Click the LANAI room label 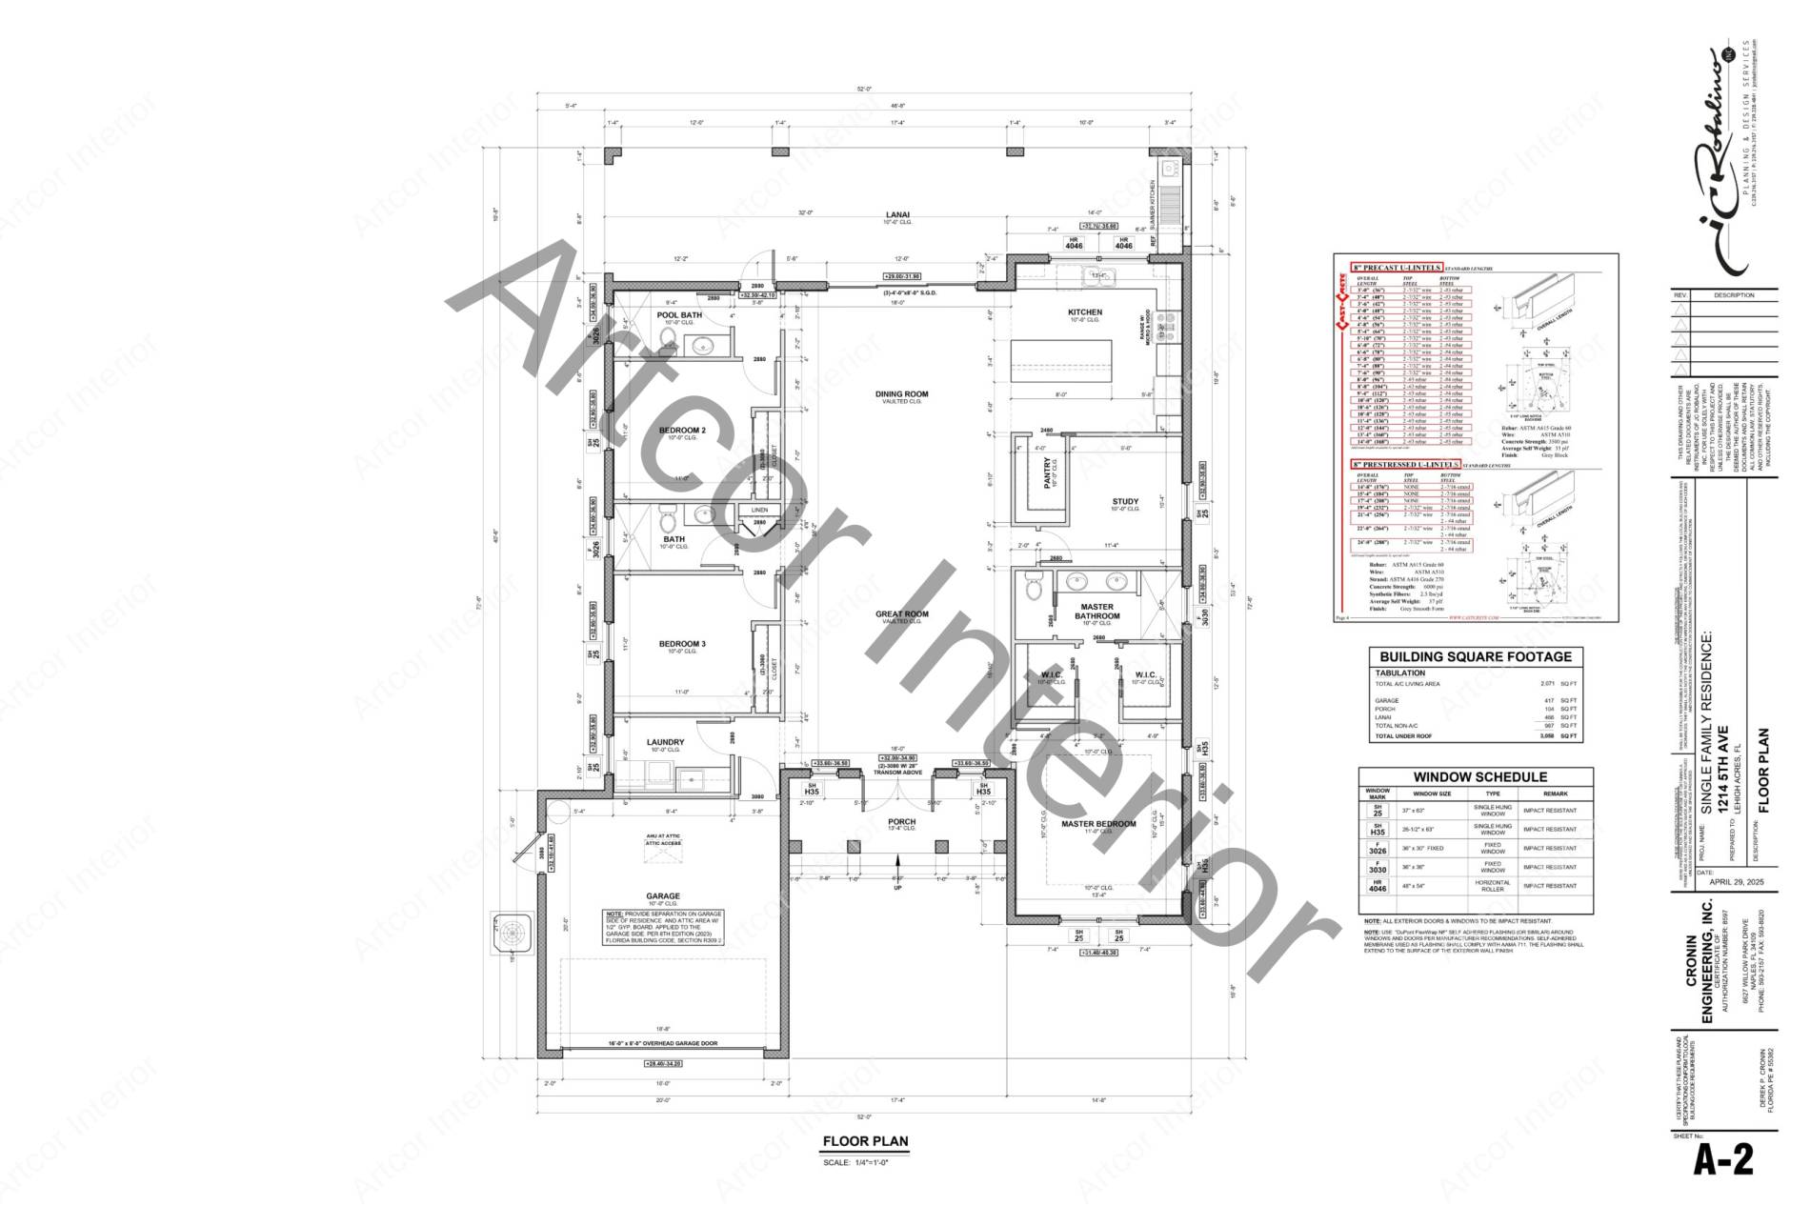click(x=897, y=214)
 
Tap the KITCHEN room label click(x=1084, y=312)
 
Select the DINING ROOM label click(x=901, y=394)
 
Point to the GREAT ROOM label click(x=901, y=614)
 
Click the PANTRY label click(x=1047, y=472)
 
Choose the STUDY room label click(x=1125, y=502)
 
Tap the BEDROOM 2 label click(x=682, y=431)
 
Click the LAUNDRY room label click(x=665, y=742)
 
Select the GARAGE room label click(x=663, y=895)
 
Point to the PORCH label click(x=901, y=821)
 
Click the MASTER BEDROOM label click(x=1098, y=824)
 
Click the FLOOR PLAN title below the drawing click(x=865, y=1141)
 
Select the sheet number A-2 click(x=1722, y=1160)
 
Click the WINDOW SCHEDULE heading click(x=1479, y=777)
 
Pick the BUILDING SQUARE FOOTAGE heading click(x=1476, y=656)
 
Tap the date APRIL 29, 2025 click(x=1737, y=882)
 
